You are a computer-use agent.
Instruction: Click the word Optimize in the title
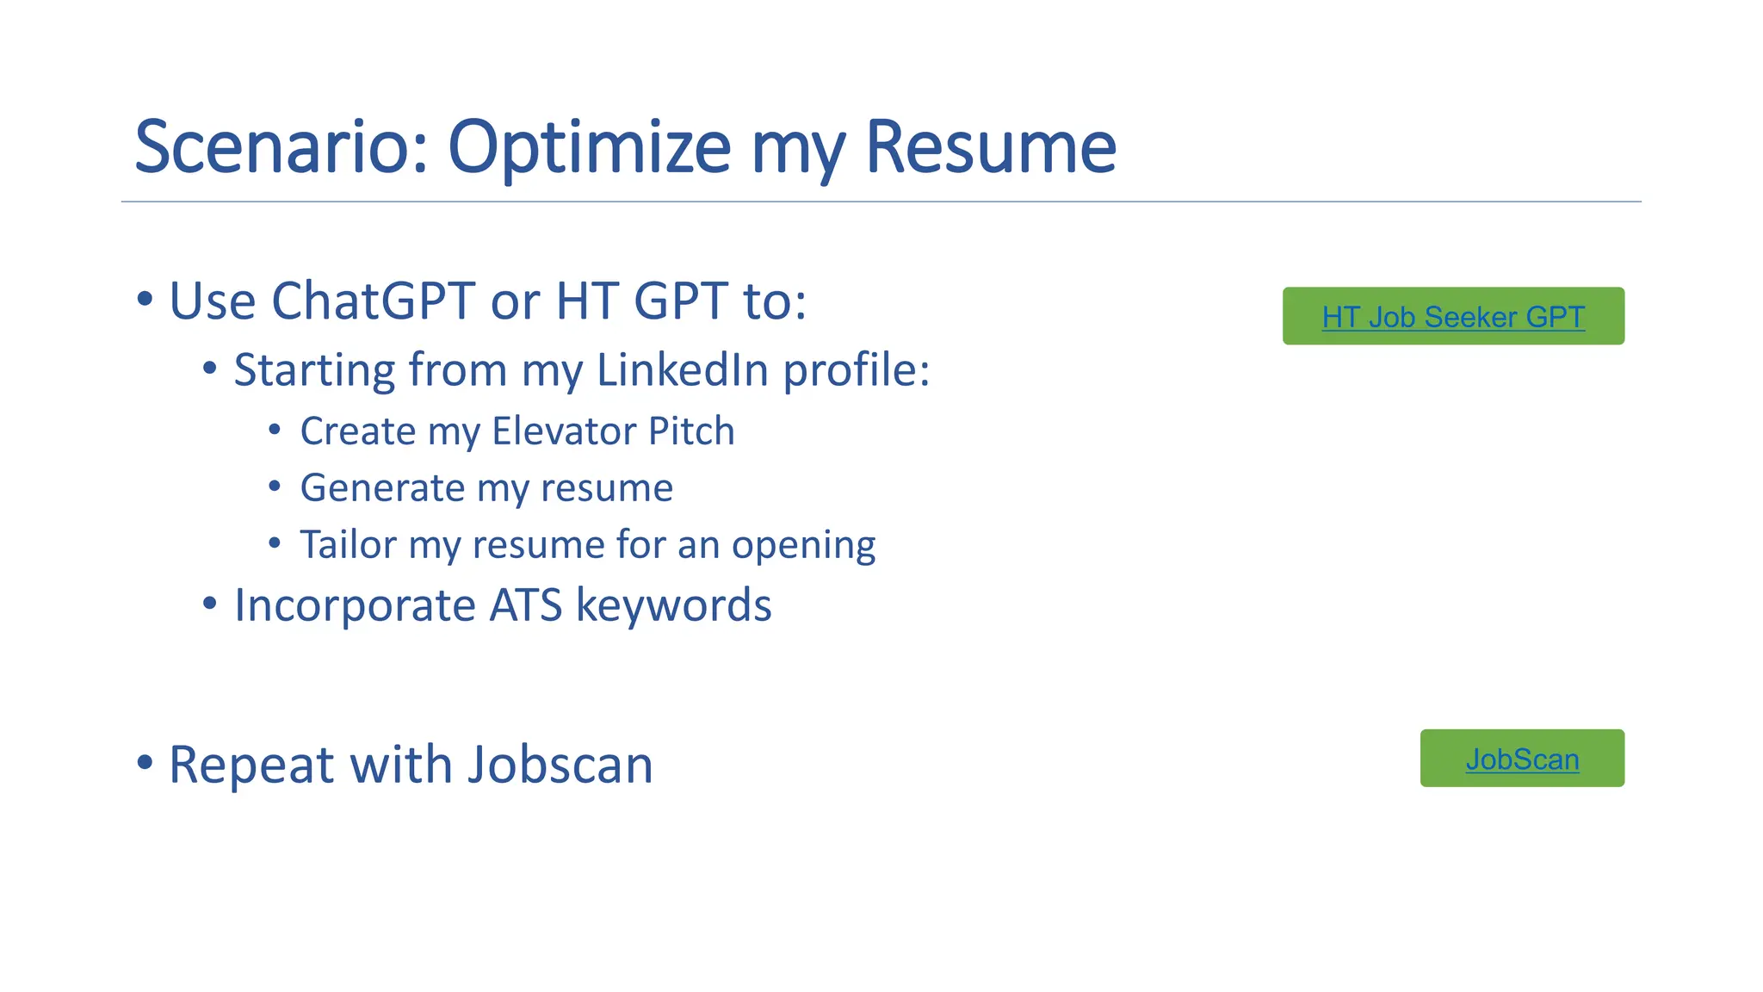[590, 147]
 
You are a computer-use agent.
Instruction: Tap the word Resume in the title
[990, 147]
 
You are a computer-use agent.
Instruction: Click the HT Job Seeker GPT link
[1453, 317]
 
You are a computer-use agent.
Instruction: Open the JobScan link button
[1522, 759]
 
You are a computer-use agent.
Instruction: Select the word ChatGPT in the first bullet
[373, 301]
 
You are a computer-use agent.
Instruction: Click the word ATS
[525, 605]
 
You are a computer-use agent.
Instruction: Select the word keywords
[673, 605]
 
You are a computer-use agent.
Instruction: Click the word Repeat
[250, 766]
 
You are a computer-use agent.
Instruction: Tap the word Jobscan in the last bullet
[560, 765]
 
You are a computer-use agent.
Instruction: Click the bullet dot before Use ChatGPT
[145, 301]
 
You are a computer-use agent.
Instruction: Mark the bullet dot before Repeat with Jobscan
[145, 763]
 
